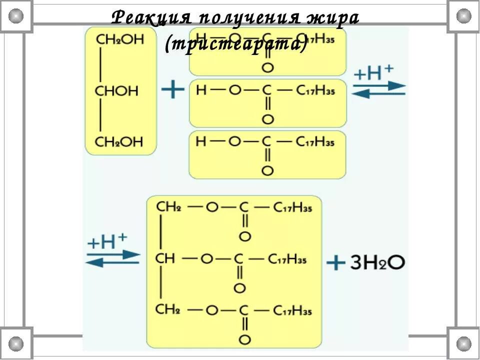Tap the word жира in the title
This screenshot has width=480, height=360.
[x=335, y=18]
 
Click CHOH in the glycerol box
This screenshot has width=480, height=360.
[x=116, y=91]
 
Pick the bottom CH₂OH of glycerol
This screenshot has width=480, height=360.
[x=119, y=142]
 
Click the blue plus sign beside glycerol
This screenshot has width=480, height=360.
[x=173, y=90]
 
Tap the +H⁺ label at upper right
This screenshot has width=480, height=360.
[x=373, y=73]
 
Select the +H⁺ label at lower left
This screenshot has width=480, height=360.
[x=107, y=242]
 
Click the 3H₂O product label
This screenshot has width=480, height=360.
[x=377, y=262]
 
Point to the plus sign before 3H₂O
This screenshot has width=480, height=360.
[x=336, y=262]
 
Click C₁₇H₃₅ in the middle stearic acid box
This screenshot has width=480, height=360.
[x=315, y=90]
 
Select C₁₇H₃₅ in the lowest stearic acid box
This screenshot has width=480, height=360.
[x=315, y=142]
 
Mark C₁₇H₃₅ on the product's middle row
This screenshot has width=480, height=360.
[x=287, y=259]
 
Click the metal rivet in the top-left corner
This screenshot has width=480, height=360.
[x=16, y=15]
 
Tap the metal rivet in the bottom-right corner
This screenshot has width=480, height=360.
[x=463, y=343]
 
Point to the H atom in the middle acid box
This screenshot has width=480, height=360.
[x=201, y=90]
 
